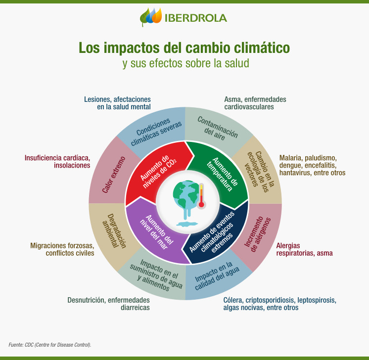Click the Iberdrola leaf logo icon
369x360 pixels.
tap(151, 17)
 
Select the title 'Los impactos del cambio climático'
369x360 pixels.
tap(184, 48)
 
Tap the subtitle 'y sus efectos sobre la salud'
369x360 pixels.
tap(184, 64)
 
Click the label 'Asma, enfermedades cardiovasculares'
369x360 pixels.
tap(255, 103)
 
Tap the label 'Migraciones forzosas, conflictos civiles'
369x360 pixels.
tap(62, 249)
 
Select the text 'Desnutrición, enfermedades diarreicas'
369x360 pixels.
tap(108, 303)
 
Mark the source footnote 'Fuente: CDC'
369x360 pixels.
tap(49, 345)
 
